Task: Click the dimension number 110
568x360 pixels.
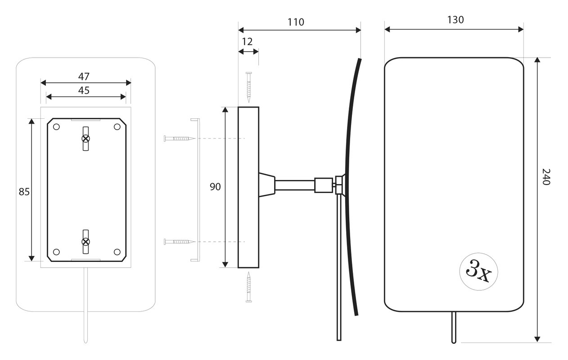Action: tap(296, 22)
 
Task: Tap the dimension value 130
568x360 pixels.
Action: tap(455, 20)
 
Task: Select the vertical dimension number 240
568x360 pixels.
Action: tap(546, 177)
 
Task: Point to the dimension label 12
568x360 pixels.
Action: tap(247, 42)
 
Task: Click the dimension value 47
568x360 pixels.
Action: tap(84, 76)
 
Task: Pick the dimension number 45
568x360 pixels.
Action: tap(84, 90)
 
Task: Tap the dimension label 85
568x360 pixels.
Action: tap(24, 192)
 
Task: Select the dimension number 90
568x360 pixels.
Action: tap(215, 187)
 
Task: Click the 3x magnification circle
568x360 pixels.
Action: tap(478, 271)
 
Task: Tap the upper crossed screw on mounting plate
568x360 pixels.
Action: tap(86, 139)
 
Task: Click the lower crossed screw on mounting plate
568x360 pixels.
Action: tap(86, 242)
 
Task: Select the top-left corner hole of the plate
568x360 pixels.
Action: tap(56, 127)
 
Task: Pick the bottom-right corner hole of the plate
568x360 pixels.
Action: tap(117, 252)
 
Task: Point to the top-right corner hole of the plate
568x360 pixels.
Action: tap(117, 127)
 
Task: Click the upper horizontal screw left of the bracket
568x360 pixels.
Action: tap(180, 139)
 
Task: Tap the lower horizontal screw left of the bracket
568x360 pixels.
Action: tap(180, 242)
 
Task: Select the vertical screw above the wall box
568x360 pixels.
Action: tap(249, 87)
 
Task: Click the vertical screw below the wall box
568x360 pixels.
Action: tap(249, 287)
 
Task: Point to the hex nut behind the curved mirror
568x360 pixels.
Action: tap(339, 185)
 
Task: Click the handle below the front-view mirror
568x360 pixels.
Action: tap(454, 327)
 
